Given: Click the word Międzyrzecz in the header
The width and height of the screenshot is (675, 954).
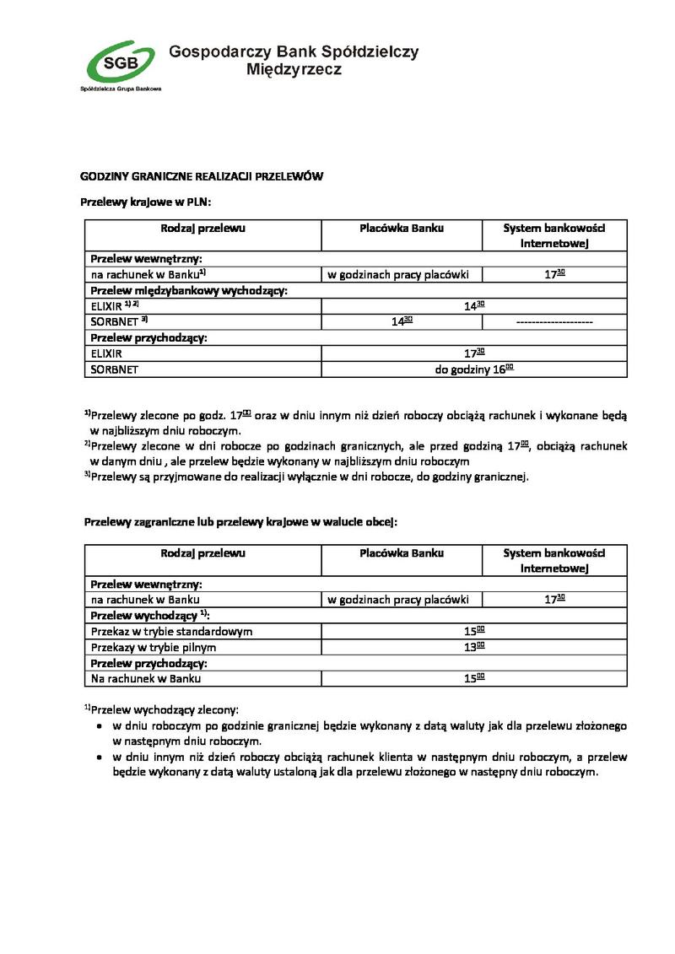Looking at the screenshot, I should coord(294,70).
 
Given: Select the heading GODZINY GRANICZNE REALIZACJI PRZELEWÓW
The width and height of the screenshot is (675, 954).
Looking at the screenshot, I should coord(202,176).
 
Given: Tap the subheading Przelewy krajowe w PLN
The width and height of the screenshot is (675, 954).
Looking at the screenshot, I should coord(145,202).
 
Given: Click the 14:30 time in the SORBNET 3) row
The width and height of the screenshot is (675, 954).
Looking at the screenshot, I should coord(401,321).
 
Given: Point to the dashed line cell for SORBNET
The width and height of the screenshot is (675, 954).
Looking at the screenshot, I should coord(553,321).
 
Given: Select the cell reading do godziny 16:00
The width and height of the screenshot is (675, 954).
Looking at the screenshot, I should coord(473,369).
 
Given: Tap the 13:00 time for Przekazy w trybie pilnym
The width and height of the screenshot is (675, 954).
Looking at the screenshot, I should coord(473,647).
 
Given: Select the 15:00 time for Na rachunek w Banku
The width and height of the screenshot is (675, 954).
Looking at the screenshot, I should coord(473,678).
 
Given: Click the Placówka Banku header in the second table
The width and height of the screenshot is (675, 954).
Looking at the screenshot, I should coord(401,553).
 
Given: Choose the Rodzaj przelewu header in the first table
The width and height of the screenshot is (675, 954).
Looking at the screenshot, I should coord(202,228).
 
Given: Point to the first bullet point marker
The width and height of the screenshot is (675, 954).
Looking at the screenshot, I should coord(99,725).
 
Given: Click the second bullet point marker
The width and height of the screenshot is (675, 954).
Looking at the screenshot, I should coord(99,757).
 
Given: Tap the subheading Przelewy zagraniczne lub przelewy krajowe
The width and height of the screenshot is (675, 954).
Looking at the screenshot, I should coord(240,522).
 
